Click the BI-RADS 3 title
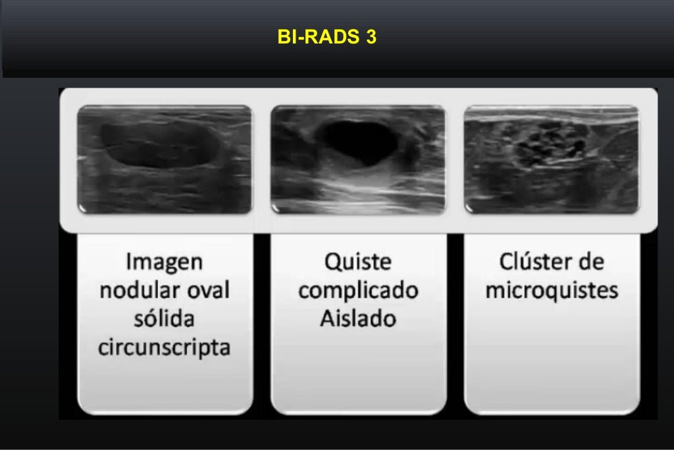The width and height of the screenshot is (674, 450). (x=327, y=37)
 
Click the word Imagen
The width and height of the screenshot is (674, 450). (x=165, y=262)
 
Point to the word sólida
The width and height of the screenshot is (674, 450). (x=165, y=319)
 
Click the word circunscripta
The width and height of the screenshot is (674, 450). (x=165, y=347)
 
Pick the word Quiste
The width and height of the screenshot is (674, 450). (x=358, y=262)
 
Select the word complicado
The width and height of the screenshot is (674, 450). (x=358, y=291)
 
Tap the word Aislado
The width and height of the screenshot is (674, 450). (x=358, y=319)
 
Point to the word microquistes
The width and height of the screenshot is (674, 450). (x=552, y=291)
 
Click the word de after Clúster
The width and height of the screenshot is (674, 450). (x=590, y=262)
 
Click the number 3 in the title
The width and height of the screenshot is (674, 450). (x=371, y=37)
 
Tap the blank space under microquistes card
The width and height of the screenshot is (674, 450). (x=552, y=362)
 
